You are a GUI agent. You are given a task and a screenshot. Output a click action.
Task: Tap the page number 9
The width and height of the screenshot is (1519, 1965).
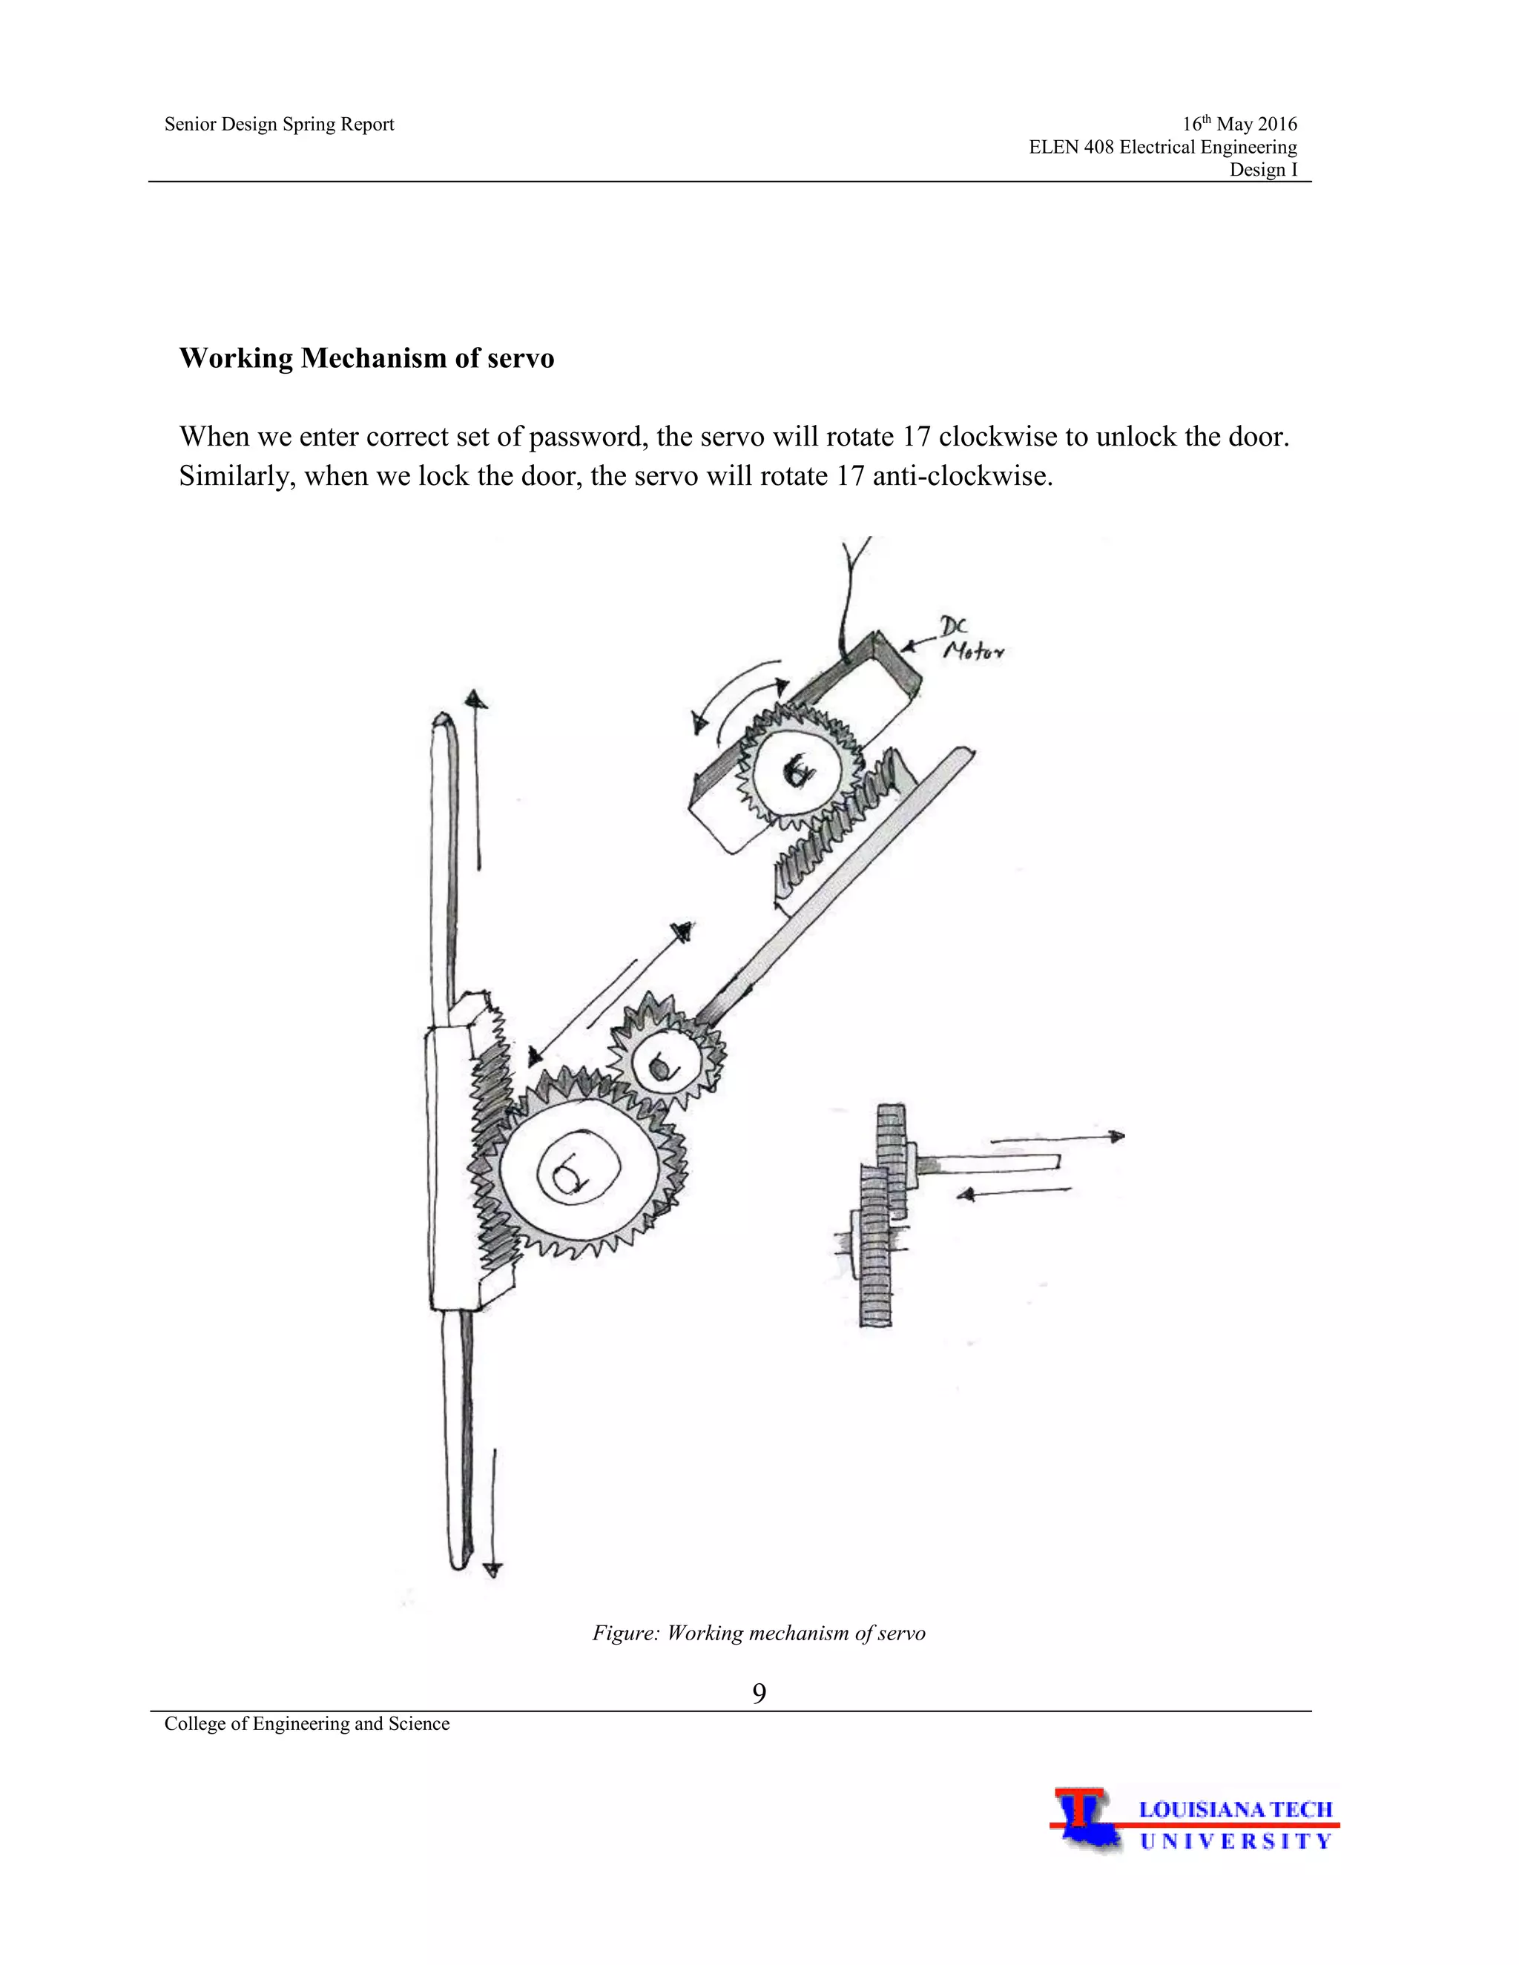pos(759,1694)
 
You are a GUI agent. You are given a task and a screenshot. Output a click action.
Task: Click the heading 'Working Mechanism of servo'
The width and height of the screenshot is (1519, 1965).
pos(366,358)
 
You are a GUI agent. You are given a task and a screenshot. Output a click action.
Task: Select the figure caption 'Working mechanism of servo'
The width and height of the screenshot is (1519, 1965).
pos(759,1633)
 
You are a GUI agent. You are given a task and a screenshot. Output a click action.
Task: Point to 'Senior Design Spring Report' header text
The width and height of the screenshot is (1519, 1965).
pos(279,124)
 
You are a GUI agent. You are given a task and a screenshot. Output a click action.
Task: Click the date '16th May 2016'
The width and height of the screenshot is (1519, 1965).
pos(1239,124)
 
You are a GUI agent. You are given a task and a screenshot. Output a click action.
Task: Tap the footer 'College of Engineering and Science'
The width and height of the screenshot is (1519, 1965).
pos(307,1723)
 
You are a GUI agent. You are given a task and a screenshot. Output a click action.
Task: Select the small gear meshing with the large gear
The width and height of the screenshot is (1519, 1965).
pos(666,1064)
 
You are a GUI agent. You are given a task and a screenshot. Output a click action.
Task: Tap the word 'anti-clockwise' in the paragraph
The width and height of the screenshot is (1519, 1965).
pos(962,475)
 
